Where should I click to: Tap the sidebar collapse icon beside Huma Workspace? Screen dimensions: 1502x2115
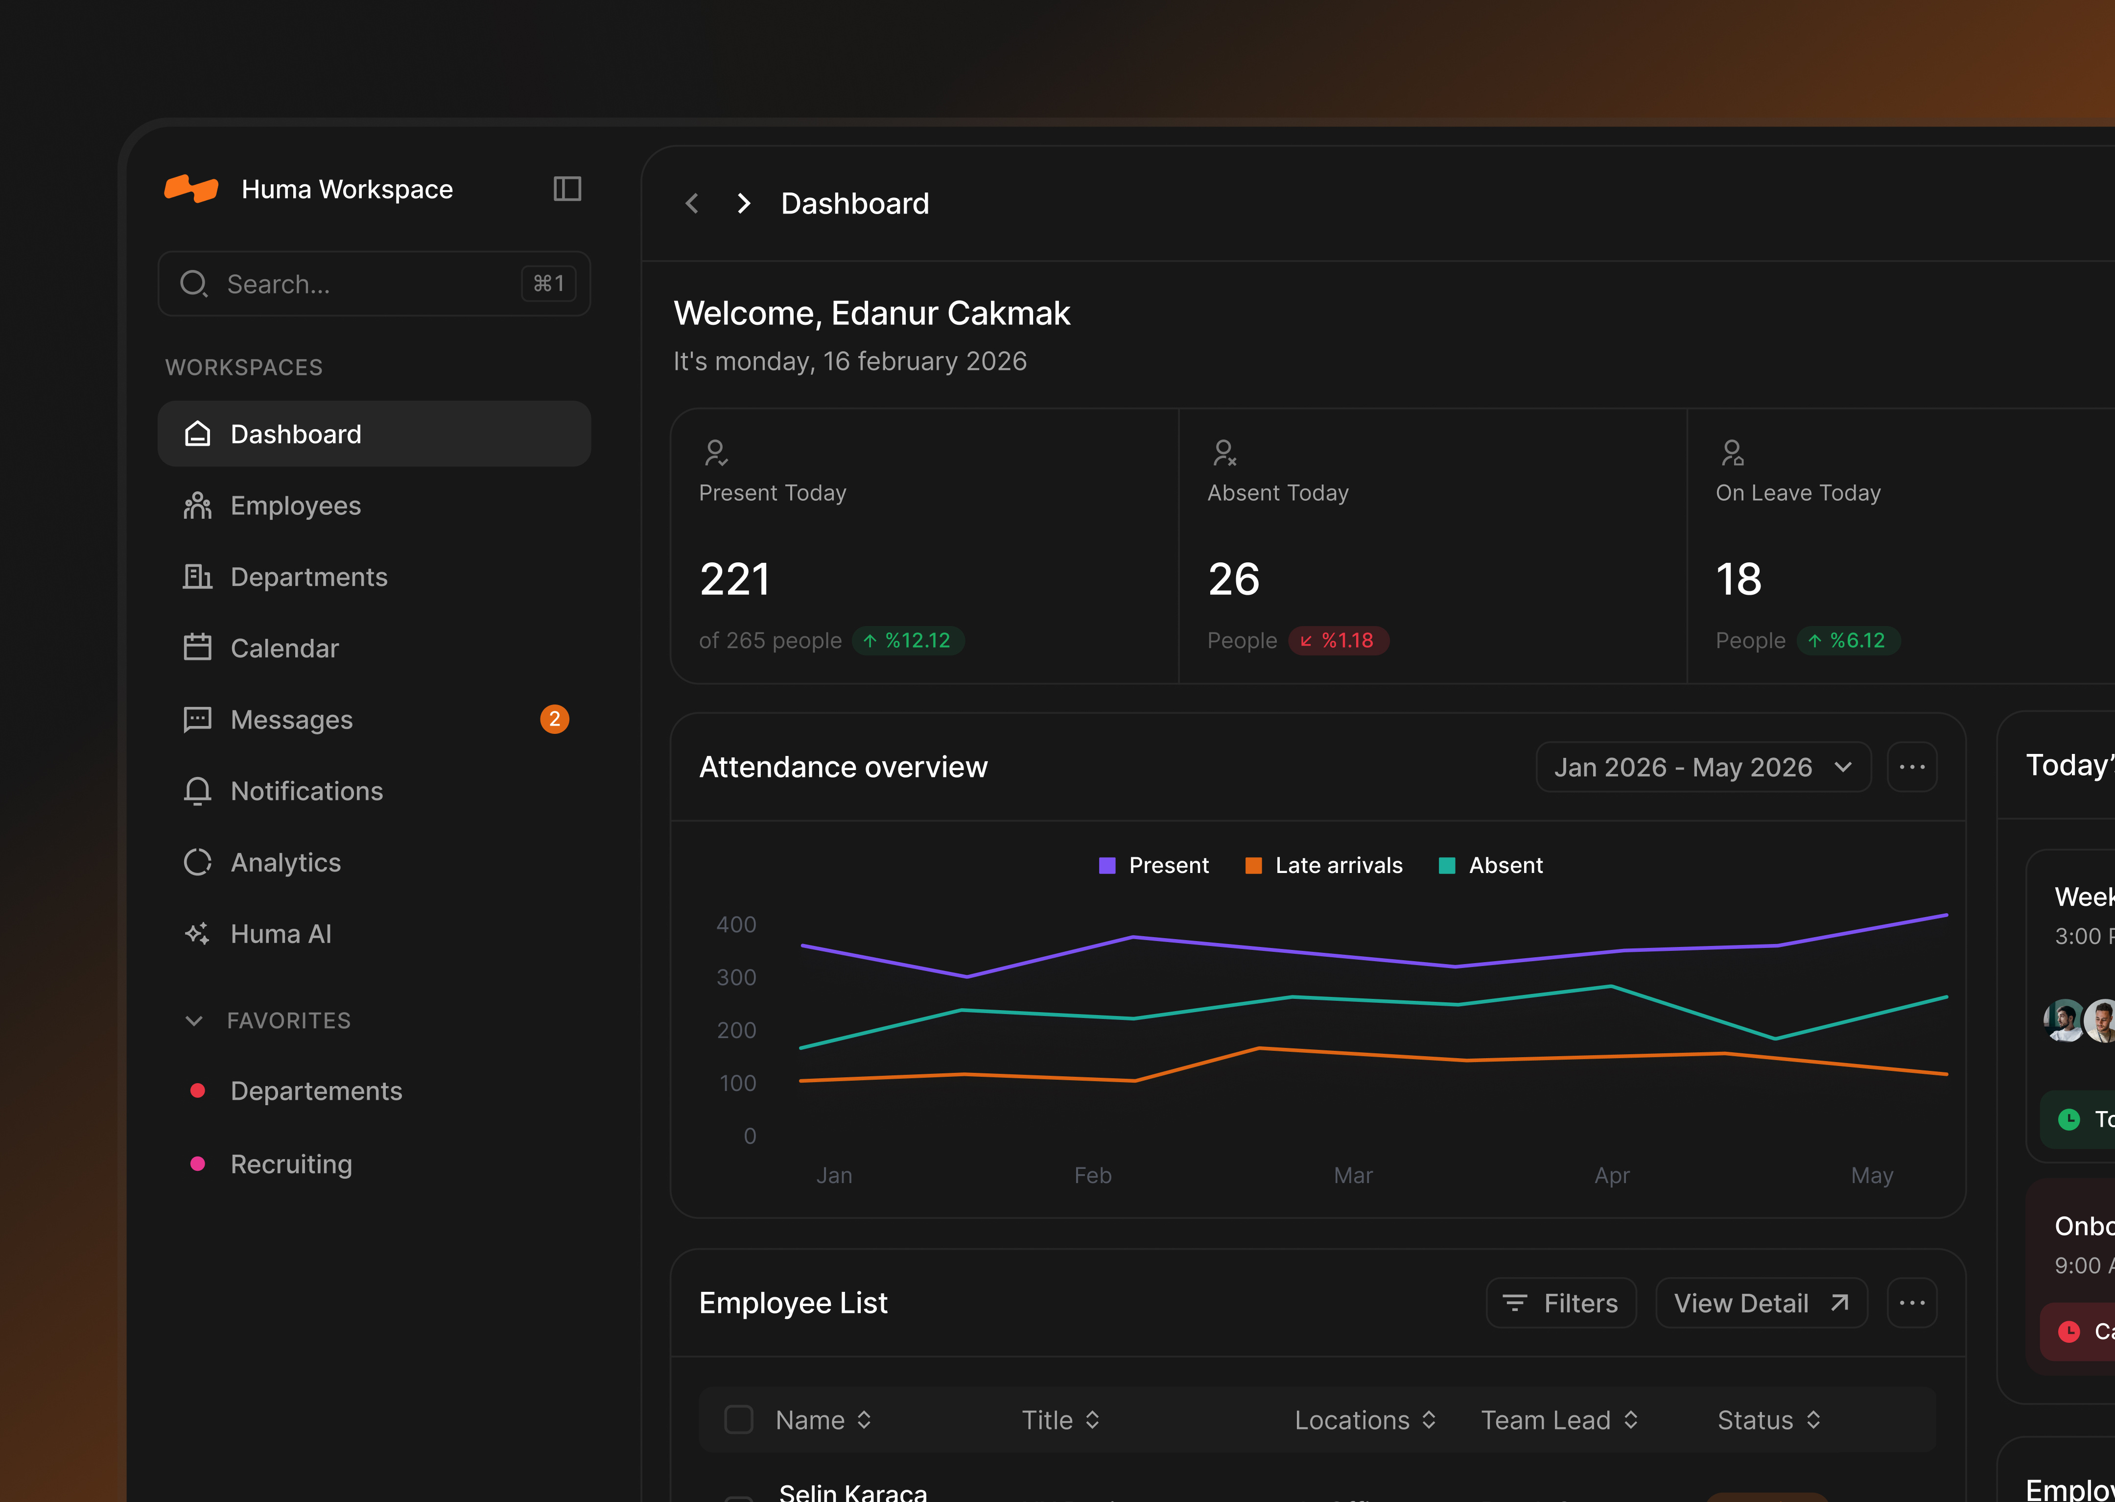[566, 189]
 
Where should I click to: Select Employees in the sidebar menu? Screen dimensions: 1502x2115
[295, 506]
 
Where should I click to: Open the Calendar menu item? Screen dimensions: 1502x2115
[284, 648]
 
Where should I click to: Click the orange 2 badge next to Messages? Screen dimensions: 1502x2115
[554, 720]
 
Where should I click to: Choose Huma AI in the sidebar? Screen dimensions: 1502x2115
[280, 934]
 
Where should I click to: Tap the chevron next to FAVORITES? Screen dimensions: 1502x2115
[194, 1021]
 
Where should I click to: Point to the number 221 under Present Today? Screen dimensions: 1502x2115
[735, 580]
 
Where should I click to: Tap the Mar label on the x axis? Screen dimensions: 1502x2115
[1352, 1176]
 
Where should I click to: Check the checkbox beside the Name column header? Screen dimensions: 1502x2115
[739, 1420]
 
